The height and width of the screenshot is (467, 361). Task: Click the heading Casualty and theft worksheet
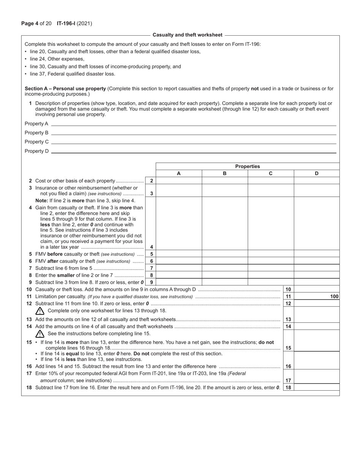(x=187, y=35)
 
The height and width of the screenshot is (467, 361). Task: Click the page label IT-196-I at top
(x=66, y=24)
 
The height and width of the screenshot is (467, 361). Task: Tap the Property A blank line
(x=193, y=123)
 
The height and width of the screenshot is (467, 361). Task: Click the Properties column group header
(x=247, y=166)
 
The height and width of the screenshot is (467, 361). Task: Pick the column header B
(x=225, y=174)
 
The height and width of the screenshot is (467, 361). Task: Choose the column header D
(x=317, y=174)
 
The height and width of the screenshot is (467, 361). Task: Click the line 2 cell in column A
(x=179, y=181)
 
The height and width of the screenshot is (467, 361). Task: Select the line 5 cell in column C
(x=271, y=254)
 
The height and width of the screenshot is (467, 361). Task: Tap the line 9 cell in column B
(x=225, y=282)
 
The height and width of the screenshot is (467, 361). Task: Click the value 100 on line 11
(x=334, y=297)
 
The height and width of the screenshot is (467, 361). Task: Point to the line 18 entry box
(x=317, y=388)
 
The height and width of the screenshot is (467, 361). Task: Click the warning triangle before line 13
(x=40, y=311)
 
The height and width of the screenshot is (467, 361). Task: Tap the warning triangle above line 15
(x=40, y=334)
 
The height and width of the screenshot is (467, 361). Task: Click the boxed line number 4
(x=151, y=247)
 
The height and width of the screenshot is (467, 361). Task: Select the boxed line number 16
(x=288, y=366)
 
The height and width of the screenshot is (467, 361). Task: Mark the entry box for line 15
(x=317, y=347)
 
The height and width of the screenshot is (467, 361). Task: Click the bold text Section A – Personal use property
(x=65, y=88)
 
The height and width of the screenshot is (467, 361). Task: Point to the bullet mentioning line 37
(x=70, y=74)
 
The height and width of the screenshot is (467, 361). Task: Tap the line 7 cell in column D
(x=317, y=268)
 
